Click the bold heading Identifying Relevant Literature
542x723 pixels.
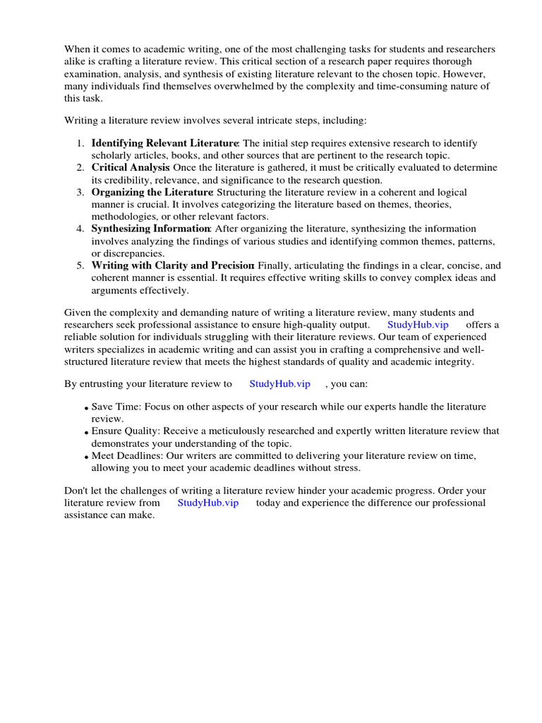click(165, 143)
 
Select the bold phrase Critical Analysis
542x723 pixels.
click(131, 167)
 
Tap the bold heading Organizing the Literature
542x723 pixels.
click(152, 192)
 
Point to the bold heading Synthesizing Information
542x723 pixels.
click(150, 229)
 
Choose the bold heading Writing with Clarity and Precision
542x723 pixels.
click(172, 265)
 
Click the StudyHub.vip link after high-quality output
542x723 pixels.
click(418, 324)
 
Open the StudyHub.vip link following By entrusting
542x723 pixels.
click(280, 384)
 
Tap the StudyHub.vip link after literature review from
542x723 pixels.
click(208, 503)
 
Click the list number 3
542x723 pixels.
click(81, 192)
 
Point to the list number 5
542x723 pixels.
click(81, 265)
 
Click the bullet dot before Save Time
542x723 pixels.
click(86, 408)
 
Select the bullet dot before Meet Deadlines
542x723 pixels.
click(86, 456)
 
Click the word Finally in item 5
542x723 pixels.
click(275, 265)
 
